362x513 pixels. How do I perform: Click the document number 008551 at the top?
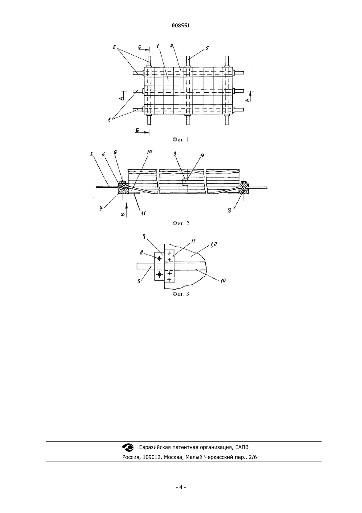[x=181, y=26]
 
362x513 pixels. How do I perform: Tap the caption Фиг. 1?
[x=181, y=139]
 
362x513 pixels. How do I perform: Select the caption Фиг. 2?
[x=181, y=223]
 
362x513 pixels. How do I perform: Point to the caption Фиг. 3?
[x=181, y=294]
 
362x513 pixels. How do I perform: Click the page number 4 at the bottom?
[x=181, y=487]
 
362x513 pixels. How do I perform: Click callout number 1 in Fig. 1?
[x=158, y=46]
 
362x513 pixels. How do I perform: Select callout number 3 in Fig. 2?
[x=175, y=154]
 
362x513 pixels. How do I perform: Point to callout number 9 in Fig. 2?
[x=229, y=210]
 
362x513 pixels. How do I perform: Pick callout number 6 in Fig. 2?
[x=104, y=154]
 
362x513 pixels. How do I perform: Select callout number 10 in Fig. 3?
[x=223, y=280]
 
